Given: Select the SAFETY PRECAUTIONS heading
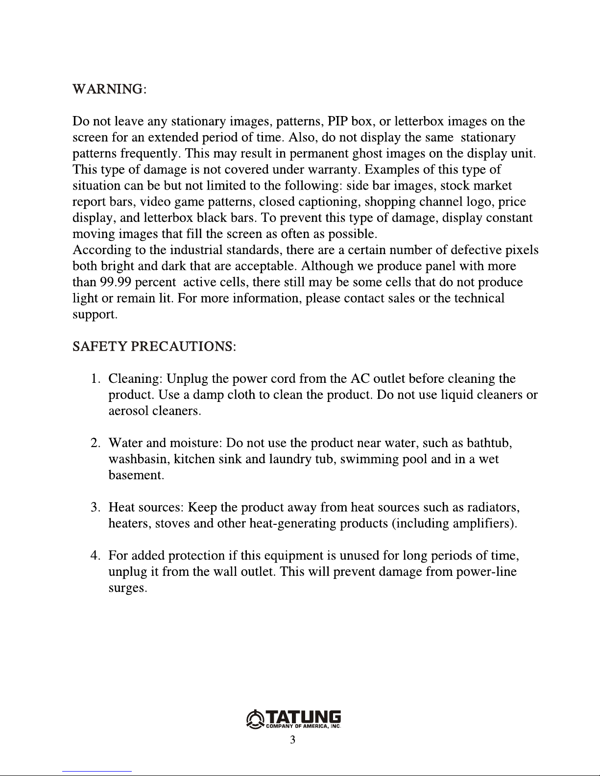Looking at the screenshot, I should (x=154, y=347).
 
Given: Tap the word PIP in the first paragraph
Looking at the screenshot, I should (x=338, y=121).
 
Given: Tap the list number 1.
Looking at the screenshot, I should (x=95, y=379).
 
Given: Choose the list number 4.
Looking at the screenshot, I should (x=95, y=556).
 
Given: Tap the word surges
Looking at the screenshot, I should (x=127, y=588).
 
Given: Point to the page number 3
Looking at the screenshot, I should (x=292, y=740).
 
